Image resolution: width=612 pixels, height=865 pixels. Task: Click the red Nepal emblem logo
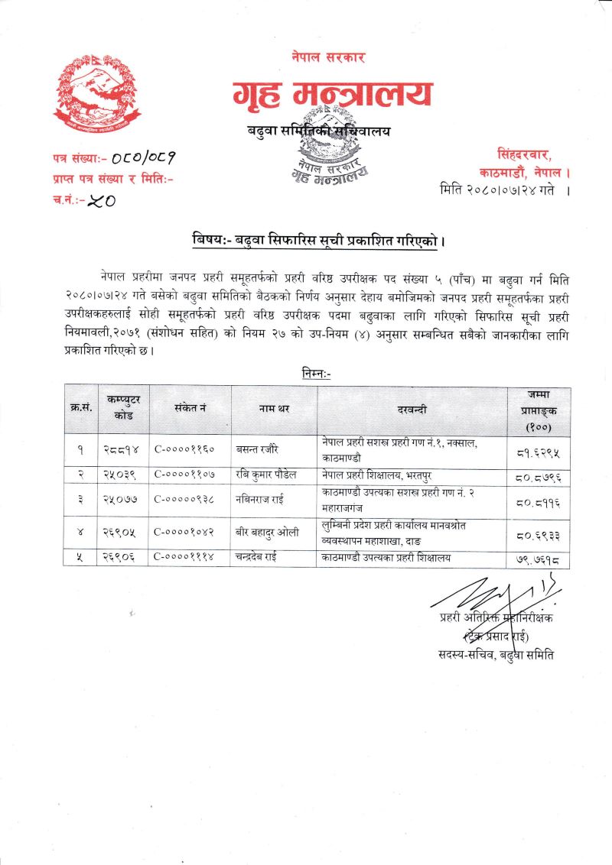96,94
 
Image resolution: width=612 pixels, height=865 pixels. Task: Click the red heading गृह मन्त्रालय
331,94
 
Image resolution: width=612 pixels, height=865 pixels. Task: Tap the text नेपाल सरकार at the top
328,57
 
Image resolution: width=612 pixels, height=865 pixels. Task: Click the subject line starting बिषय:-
319,241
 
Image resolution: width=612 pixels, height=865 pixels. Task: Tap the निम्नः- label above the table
317,373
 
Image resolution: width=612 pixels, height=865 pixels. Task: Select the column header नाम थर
273,410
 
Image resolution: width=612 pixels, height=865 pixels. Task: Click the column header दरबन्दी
412,410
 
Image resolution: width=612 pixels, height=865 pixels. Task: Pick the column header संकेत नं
190,410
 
